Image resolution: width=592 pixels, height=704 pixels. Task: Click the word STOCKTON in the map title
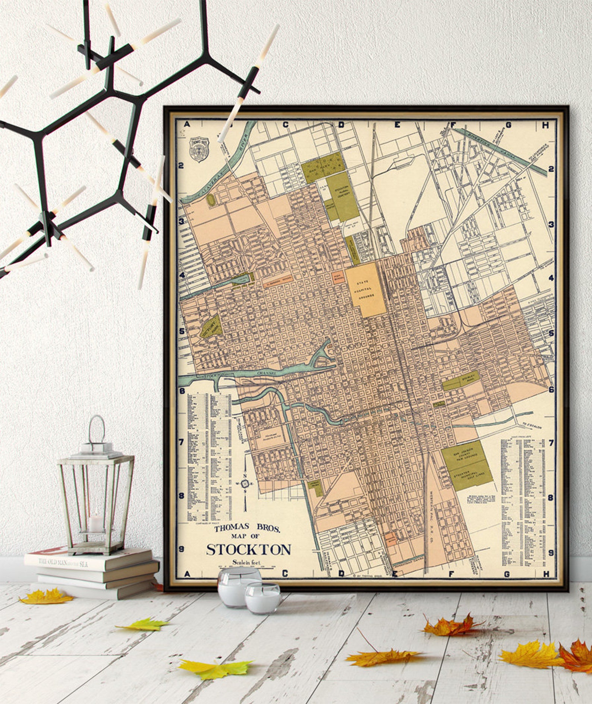coord(249,549)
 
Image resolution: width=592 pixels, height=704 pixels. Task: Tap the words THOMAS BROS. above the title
coord(246,529)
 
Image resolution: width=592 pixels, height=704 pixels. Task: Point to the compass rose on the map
coord(245,484)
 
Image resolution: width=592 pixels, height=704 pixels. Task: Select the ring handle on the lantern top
coord(97,428)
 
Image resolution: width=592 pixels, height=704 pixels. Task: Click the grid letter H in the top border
coord(546,126)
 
